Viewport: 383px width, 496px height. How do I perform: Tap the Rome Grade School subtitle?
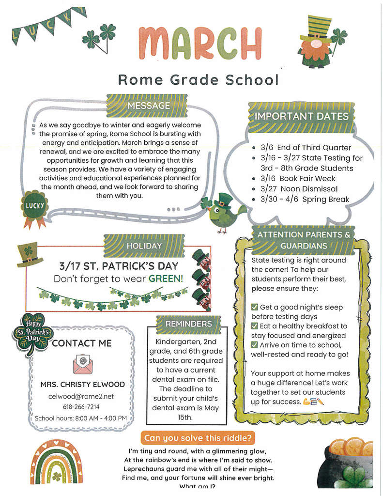[199, 79]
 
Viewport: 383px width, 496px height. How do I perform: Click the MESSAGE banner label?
[148, 106]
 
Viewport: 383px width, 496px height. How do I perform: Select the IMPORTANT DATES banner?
[302, 116]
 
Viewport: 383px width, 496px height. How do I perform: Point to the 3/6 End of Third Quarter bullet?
[305, 148]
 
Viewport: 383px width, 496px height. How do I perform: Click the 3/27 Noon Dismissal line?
[299, 189]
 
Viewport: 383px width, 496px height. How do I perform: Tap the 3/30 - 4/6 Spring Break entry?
[304, 199]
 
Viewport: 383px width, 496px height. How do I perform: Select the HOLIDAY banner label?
[144, 246]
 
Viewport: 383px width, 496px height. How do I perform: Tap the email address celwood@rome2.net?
[81, 396]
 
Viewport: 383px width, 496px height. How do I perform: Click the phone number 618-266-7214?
[81, 407]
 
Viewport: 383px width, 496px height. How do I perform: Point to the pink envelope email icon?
[82, 364]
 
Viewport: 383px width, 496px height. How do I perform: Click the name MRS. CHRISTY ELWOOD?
[82, 385]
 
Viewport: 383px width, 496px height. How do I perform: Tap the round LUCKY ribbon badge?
[35, 206]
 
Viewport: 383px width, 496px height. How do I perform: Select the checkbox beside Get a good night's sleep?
[255, 307]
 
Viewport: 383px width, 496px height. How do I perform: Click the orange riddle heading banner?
[198, 438]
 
